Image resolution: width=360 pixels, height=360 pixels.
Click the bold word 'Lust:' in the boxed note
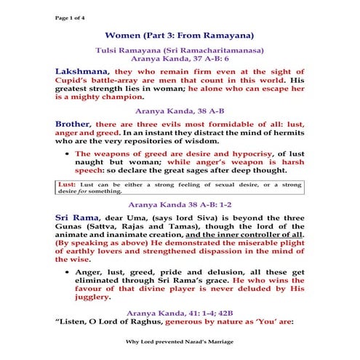(x=67, y=184)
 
